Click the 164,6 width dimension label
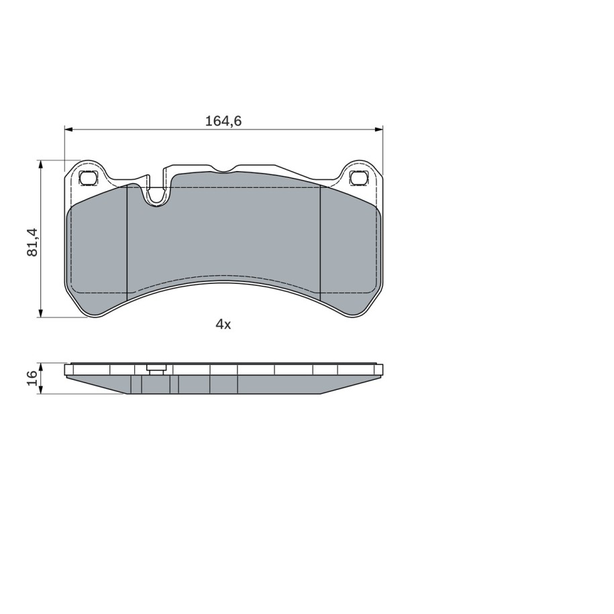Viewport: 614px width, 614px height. (223, 121)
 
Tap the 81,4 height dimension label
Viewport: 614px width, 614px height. (32, 242)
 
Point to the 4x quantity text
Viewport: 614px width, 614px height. (223, 324)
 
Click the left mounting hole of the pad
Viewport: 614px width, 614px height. (87, 178)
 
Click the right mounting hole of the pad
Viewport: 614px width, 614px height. (360, 178)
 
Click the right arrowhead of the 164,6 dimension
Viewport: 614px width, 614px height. (378, 129)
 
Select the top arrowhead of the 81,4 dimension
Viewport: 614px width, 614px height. (40, 164)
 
